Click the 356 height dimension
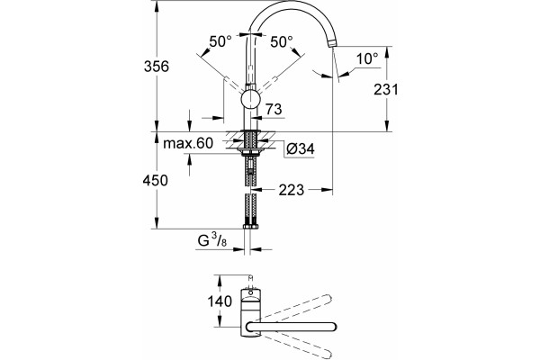click(157, 66)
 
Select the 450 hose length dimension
click(156, 180)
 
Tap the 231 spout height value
click(386, 89)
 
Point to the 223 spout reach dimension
click(292, 190)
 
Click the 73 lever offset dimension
click(274, 109)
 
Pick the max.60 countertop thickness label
click(188, 143)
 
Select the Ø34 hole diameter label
click(301, 148)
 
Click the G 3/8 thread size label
click(212, 239)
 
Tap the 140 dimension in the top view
click(220, 301)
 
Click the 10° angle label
click(367, 58)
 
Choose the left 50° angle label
click(220, 41)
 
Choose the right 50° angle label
click(282, 42)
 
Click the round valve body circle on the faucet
click(251, 99)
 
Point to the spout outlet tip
click(331, 44)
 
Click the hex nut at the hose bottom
click(251, 226)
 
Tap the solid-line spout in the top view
click(292, 327)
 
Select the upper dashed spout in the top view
click(292, 308)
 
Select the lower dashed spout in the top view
click(292, 346)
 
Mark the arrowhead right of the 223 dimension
click(328, 190)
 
